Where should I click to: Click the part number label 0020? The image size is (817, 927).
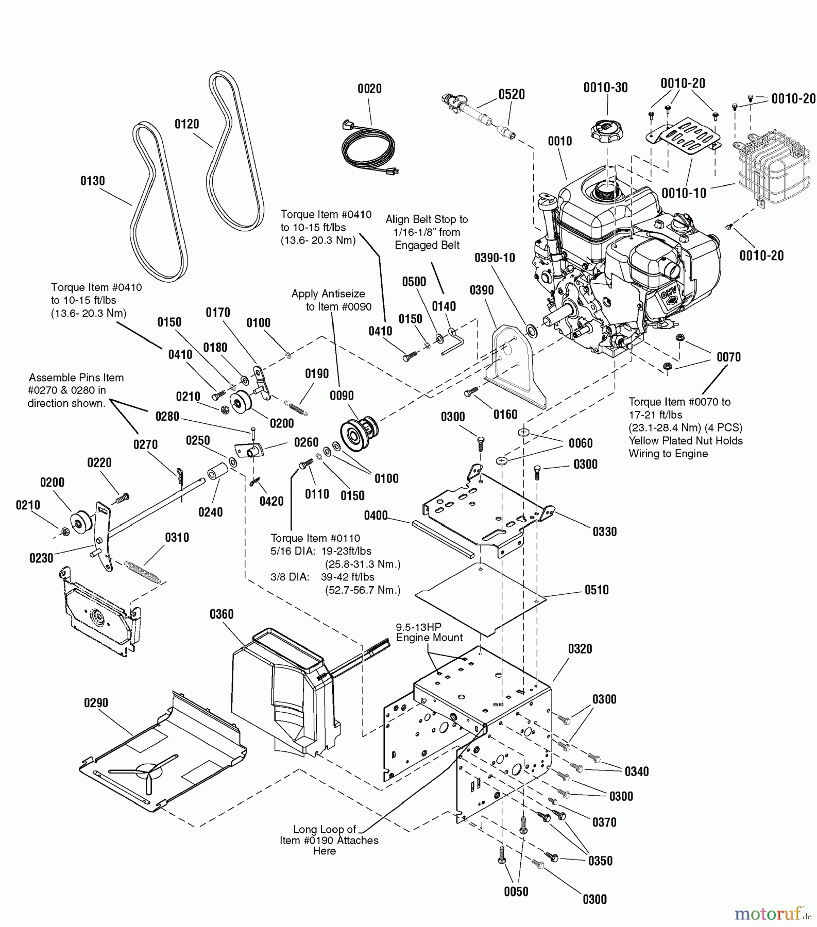[x=369, y=89]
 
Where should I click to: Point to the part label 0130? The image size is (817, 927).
[x=92, y=181]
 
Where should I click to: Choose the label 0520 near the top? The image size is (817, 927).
[x=511, y=94]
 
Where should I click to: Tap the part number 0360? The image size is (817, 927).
[x=222, y=614]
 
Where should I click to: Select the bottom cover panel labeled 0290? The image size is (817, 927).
[x=160, y=752]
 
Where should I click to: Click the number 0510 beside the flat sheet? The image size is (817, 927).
[x=597, y=590]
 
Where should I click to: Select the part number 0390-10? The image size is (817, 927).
[x=495, y=257]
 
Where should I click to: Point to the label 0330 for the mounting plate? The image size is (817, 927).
[x=604, y=531]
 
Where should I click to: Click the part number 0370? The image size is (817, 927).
[x=604, y=822]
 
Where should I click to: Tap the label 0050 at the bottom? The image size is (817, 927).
[x=516, y=891]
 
